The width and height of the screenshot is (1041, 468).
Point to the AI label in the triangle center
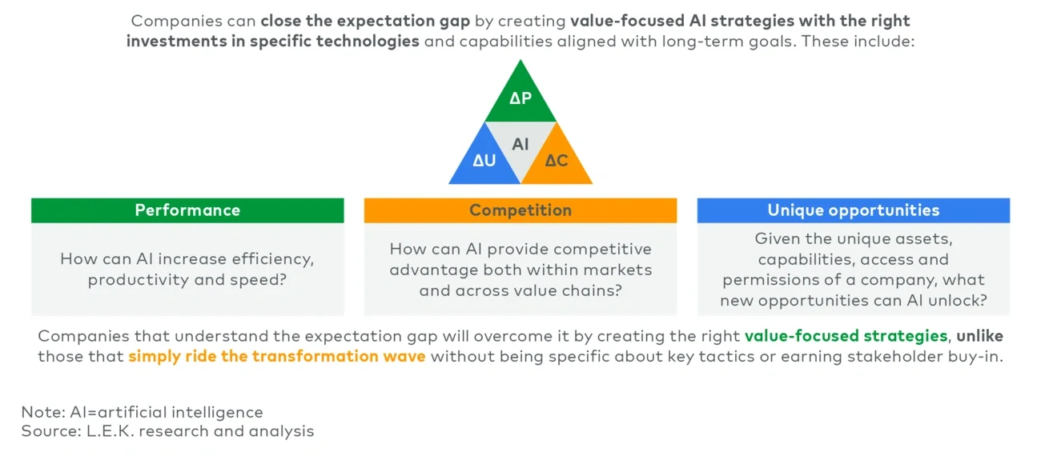coord(520,145)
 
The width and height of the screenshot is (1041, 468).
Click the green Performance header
coord(187,210)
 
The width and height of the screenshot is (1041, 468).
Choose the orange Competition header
coord(520,210)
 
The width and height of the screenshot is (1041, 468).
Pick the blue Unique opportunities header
coord(853,210)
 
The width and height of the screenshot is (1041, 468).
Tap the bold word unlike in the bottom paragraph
coord(980,336)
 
